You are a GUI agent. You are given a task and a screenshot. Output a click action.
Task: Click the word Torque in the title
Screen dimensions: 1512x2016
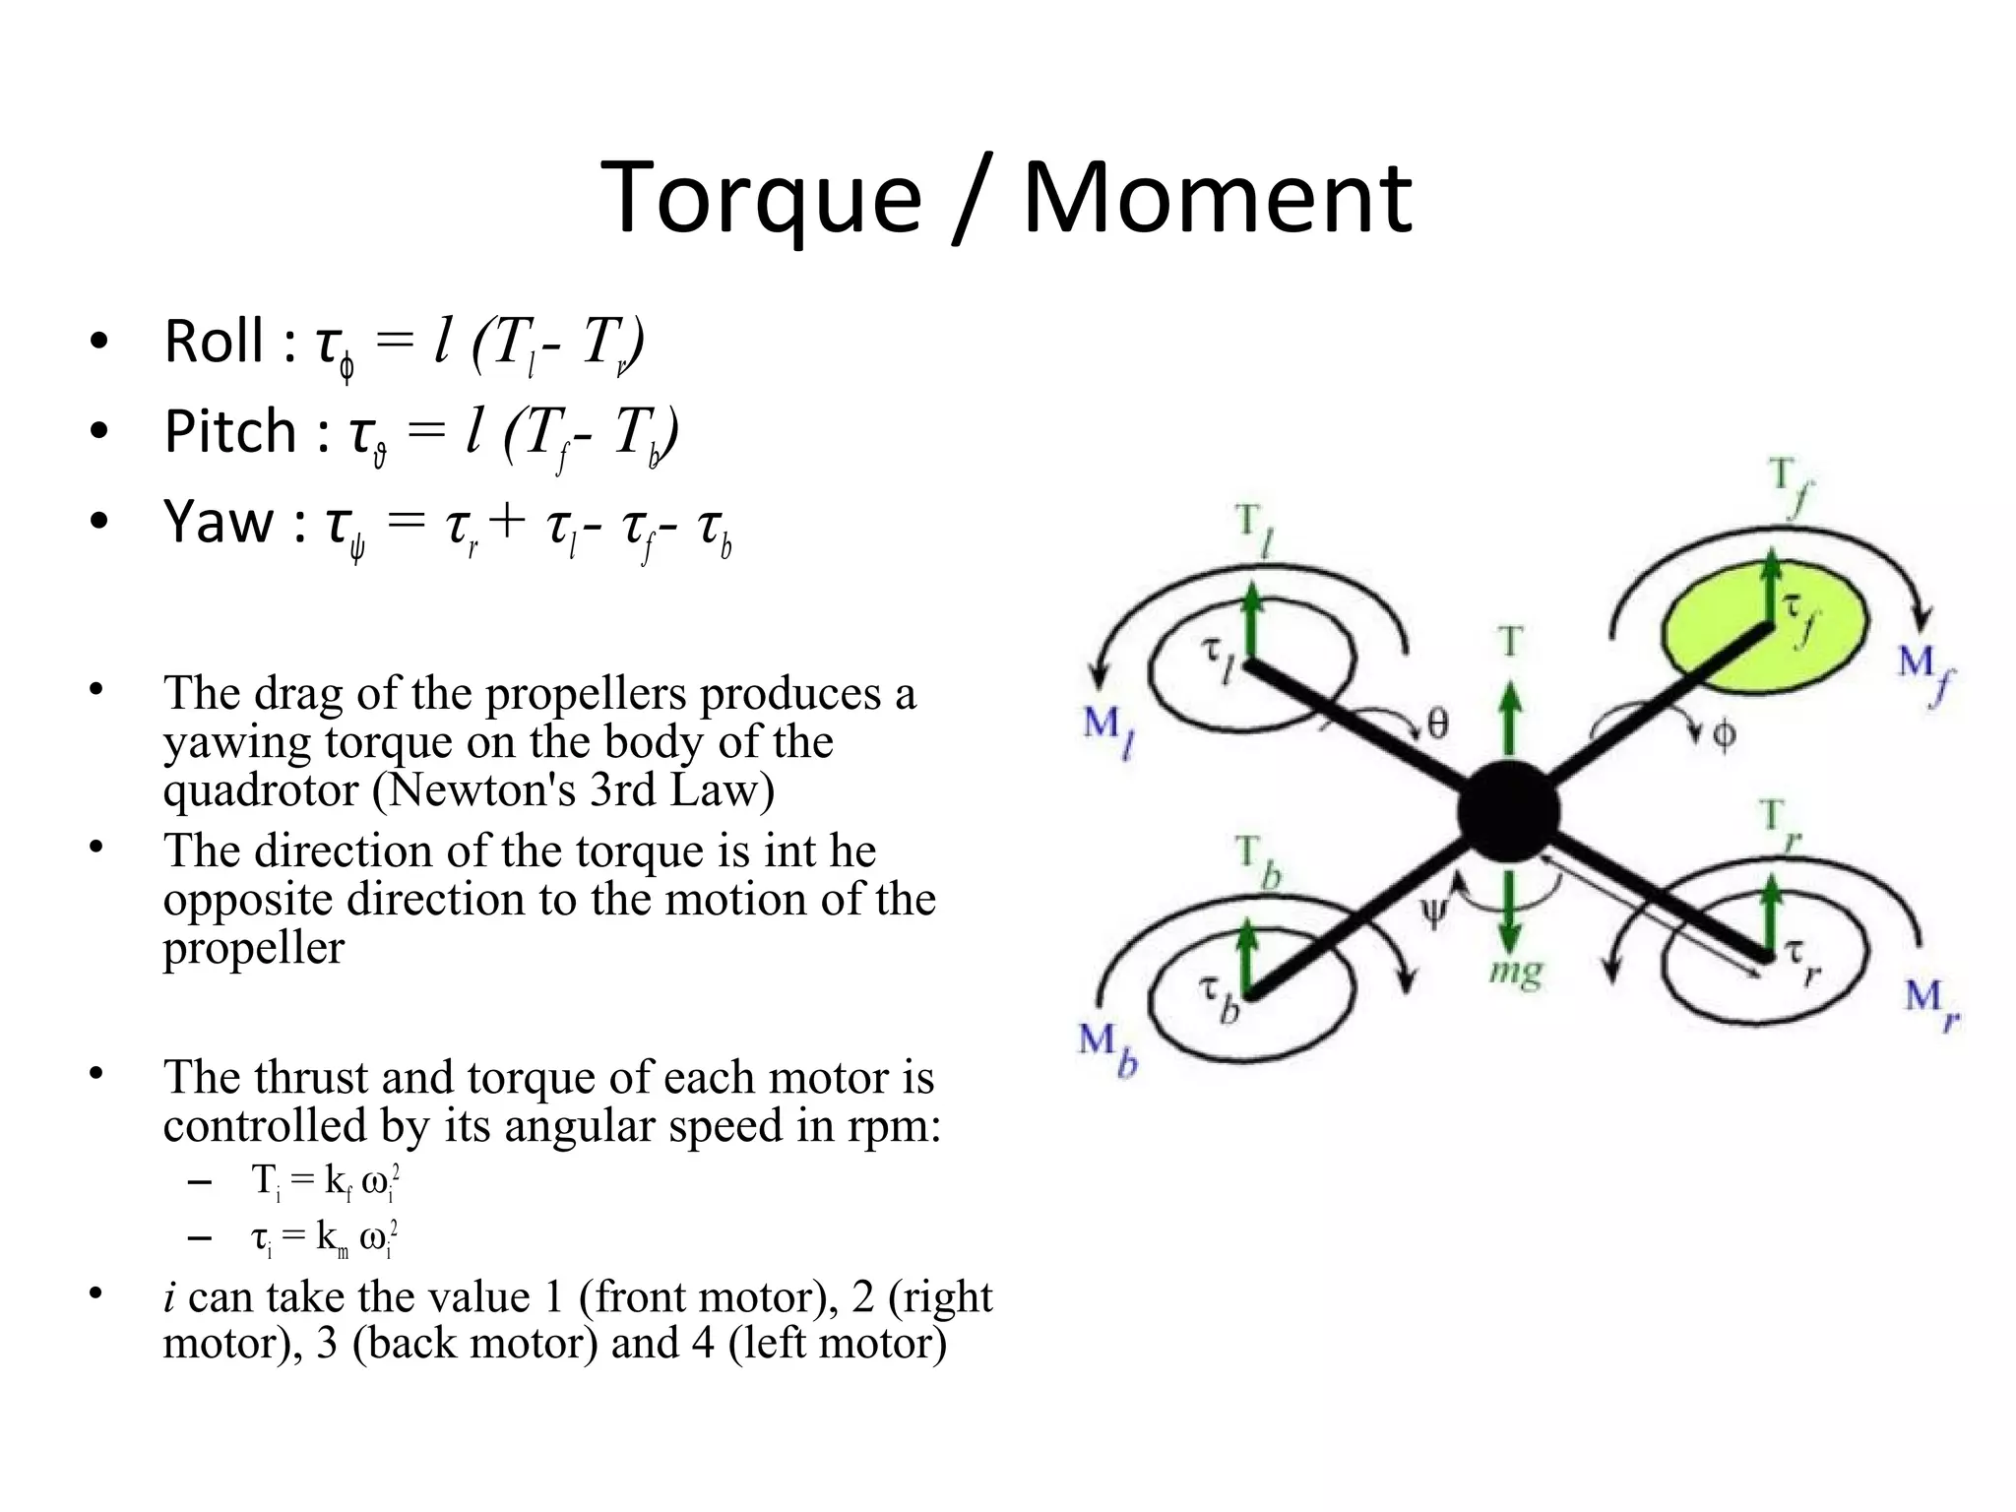coord(760,200)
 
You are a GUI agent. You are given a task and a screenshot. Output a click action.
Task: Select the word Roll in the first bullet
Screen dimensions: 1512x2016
coord(214,342)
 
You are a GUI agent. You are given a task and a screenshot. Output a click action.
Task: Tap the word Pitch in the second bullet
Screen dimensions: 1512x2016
coord(230,431)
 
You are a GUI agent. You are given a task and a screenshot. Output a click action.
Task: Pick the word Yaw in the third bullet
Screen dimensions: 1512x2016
coord(219,521)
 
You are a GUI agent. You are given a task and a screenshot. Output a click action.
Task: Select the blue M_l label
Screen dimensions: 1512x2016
coord(1107,731)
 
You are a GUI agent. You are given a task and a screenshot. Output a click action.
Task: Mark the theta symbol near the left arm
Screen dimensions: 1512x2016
coord(1437,725)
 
